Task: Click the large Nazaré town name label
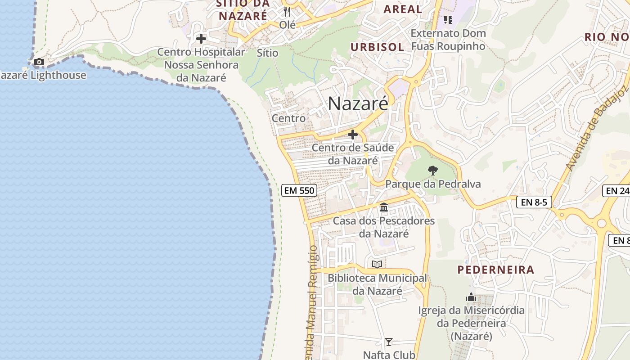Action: [x=358, y=103]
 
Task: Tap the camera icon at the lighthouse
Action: [x=39, y=62]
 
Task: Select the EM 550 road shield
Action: [x=299, y=190]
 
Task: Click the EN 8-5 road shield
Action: [x=534, y=202]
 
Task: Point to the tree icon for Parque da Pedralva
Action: [x=432, y=170]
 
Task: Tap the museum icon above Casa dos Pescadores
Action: [x=384, y=207]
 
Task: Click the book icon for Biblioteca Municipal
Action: [x=377, y=264]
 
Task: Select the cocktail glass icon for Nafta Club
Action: [x=389, y=342]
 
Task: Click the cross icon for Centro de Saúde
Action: [x=353, y=134]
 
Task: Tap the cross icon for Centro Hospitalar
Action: [x=201, y=39]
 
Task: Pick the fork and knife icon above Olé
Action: [x=287, y=11]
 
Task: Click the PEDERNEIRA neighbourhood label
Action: [x=496, y=270]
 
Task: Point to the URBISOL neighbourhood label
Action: [x=377, y=47]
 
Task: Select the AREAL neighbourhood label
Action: [x=402, y=9]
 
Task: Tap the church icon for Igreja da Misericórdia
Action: [x=471, y=297]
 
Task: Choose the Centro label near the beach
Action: [x=288, y=118]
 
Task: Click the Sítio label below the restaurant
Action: [x=267, y=53]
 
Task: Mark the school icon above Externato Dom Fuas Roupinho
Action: [x=448, y=19]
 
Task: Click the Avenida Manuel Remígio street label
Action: [x=311, y=301]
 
